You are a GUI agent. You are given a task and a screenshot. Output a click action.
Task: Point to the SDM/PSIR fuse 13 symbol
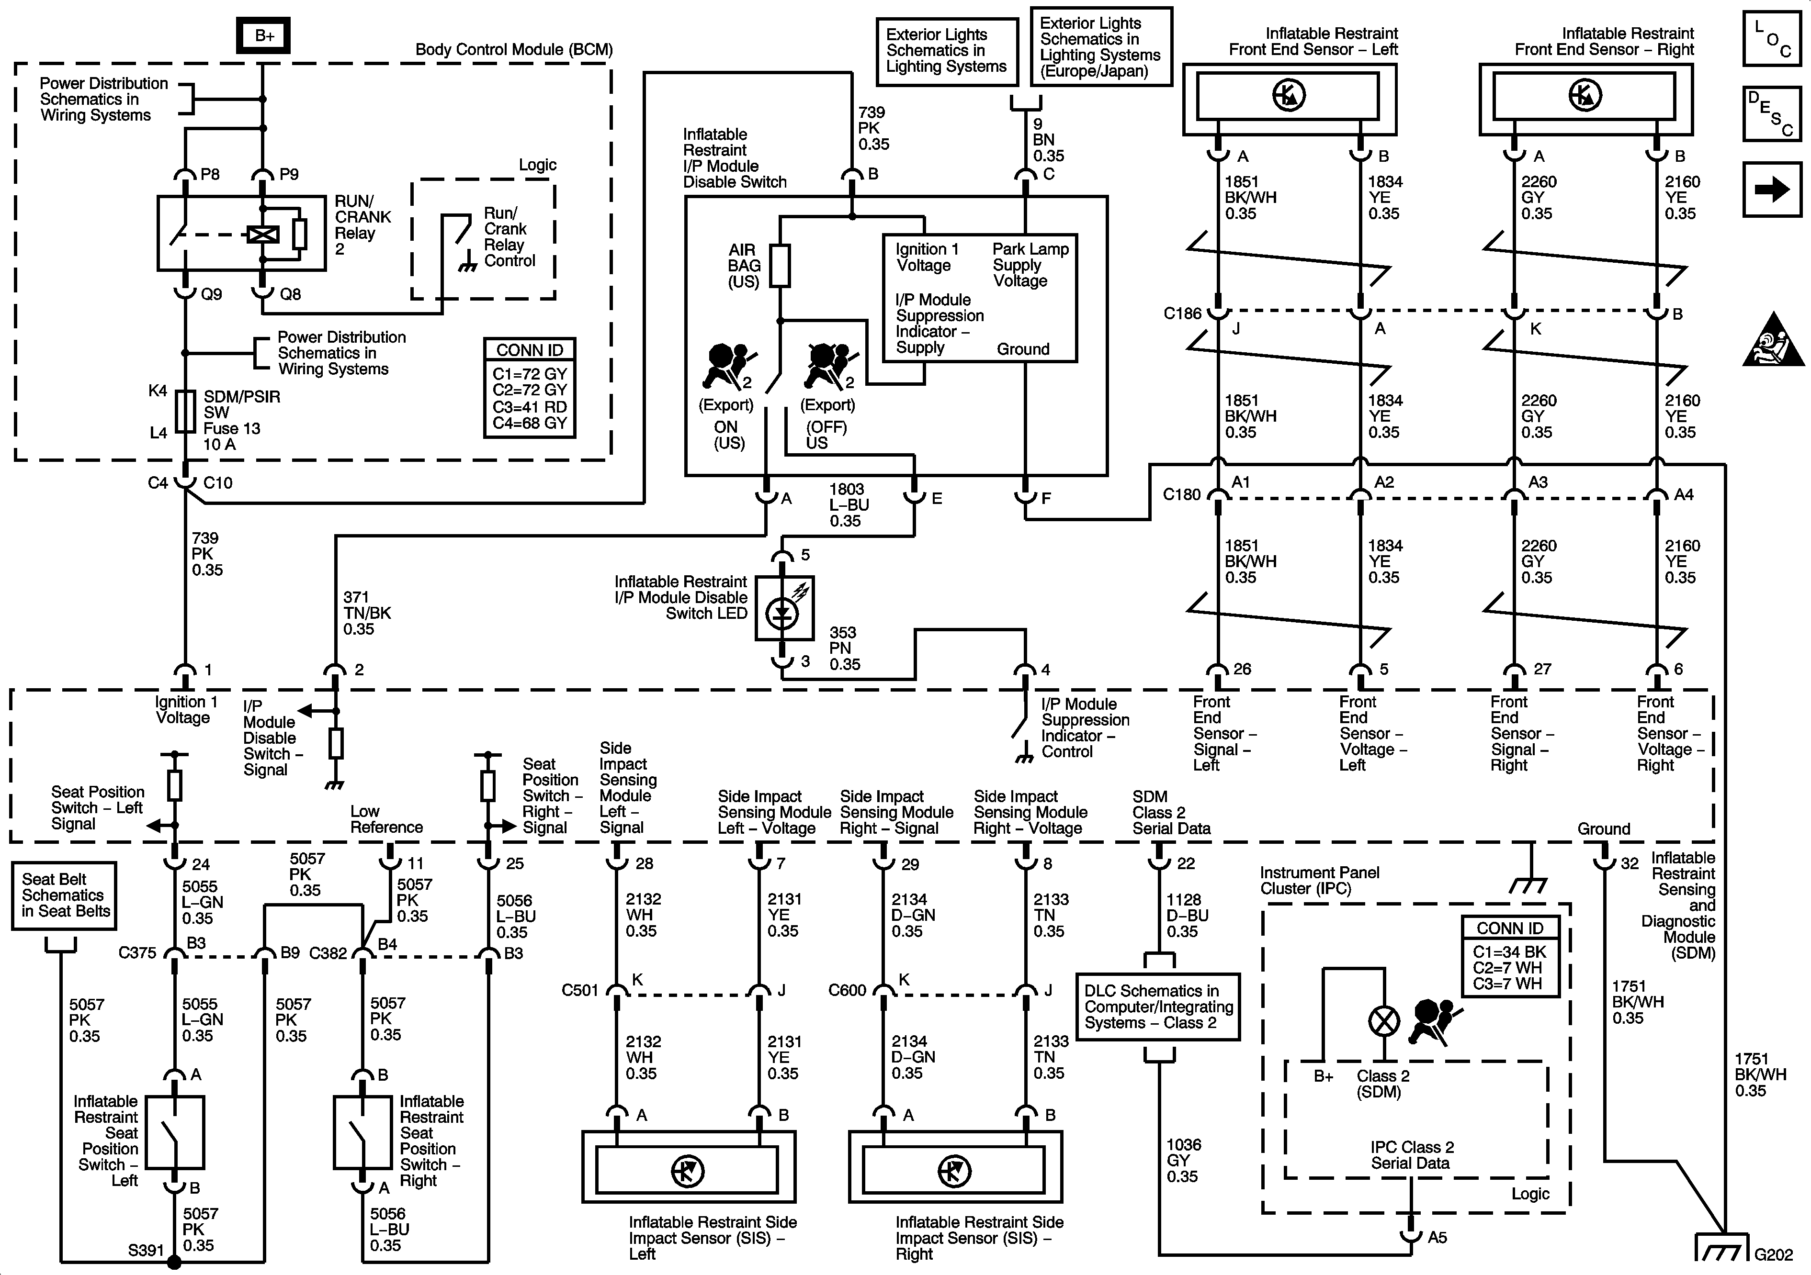tap(184, 412)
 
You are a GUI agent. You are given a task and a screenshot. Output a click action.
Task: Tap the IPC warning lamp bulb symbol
tap(1383, 1022)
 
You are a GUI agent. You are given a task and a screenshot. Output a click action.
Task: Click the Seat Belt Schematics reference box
tap(64, 896)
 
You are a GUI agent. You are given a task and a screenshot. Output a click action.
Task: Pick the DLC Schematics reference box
tap(1157, 1007)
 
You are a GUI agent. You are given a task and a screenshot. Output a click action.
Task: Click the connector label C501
tap(580, 990)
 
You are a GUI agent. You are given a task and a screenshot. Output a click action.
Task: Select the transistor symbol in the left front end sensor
tap(1289, 95)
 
